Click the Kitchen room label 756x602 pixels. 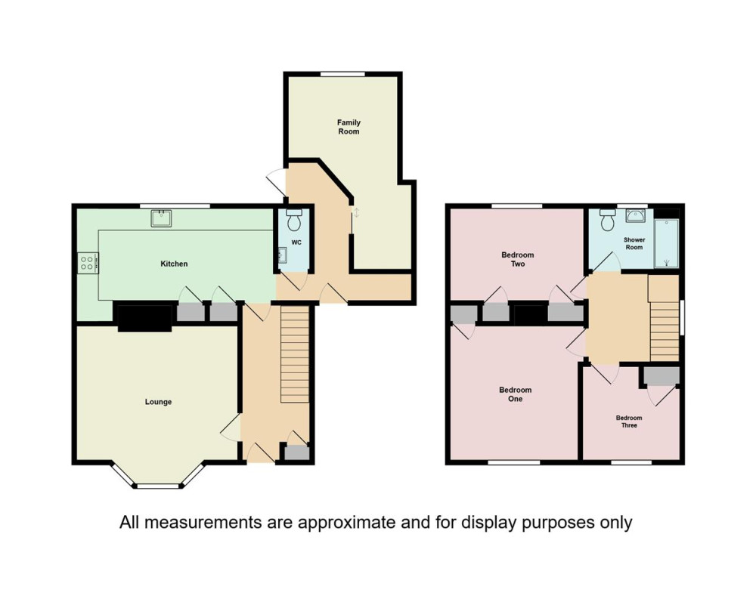pos(174,264)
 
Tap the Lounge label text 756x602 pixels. pos(158,402)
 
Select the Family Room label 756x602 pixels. pos(349,127)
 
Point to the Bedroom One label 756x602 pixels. pos(516,394)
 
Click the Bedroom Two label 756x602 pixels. pos(518,259)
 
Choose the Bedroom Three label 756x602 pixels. pos(629,422)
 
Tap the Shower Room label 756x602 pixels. pos(634,243)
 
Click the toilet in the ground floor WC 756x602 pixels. pos(293,220)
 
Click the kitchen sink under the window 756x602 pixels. pos(162,218)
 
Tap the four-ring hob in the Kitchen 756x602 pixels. pos(87,264)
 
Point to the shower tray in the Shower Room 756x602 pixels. pos(667,243)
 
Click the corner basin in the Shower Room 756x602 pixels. pos(637,215)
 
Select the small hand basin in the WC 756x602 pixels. pos(283,255)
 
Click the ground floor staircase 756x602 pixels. pos(295,354)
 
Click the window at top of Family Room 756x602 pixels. pos(343,74)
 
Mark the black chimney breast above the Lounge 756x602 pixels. pos(144,317)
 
